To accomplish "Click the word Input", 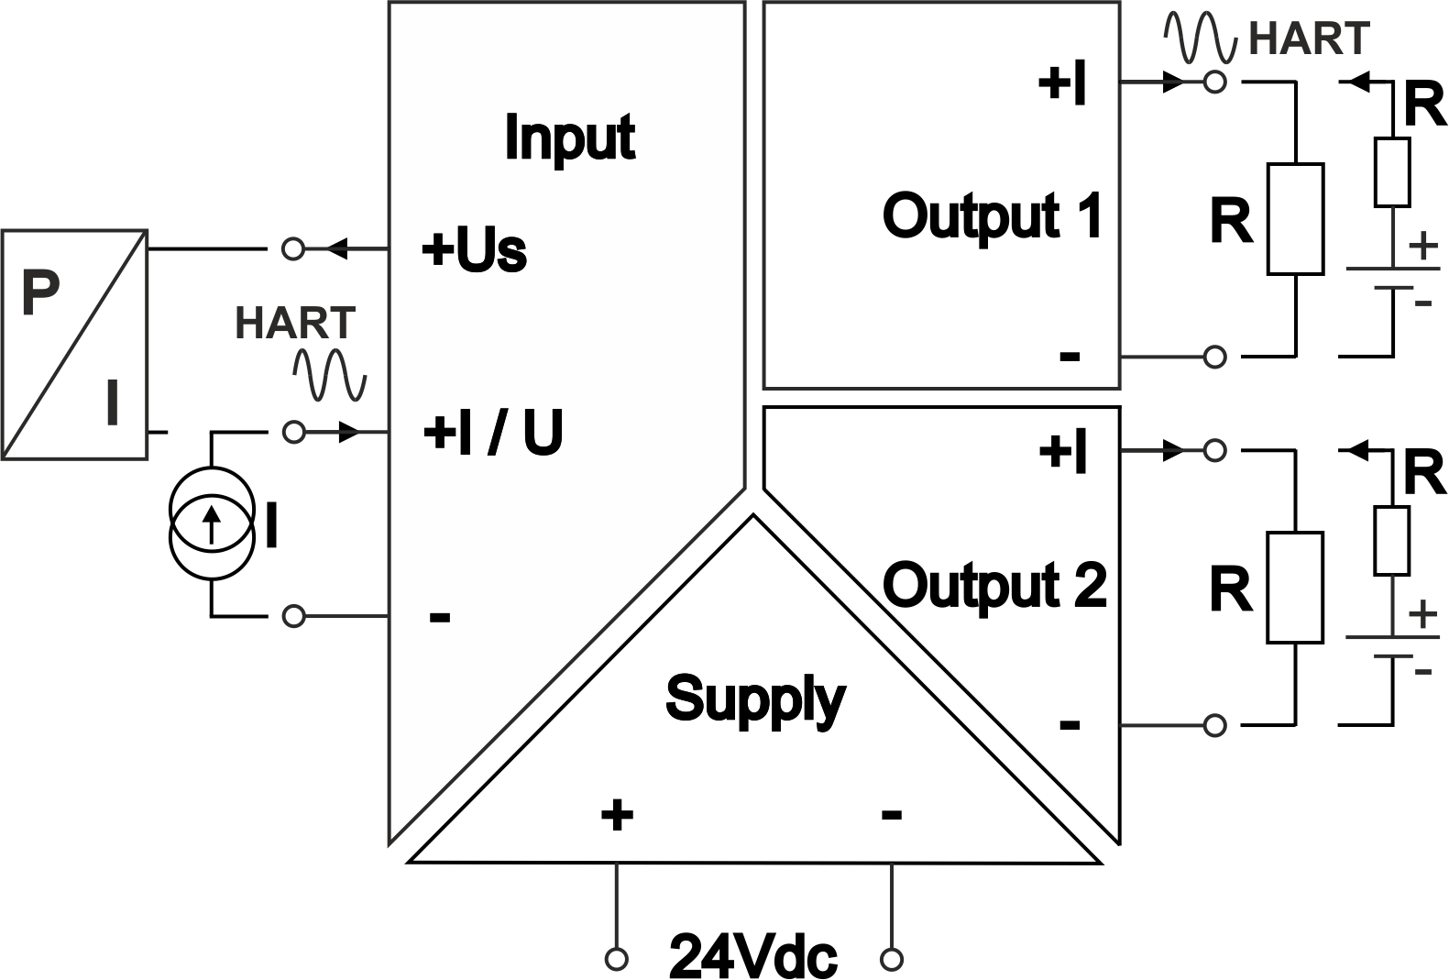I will click(x=569, y=138).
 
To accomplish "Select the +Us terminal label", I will click(x=474, y=250).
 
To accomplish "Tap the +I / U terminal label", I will click(x=492, y=433).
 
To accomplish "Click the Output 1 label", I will click(x=992, y=216).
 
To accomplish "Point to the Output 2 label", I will click(x=993, y=586).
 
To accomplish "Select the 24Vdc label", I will click(x=753, y=957).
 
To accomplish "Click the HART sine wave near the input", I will click(x=329, y=375).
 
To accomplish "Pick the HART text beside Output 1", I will click(x=1309, y=39).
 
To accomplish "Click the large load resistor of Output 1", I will click(x=1295, y=219).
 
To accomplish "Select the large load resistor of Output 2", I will click(x=1295, y=588).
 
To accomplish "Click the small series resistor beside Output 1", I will click(x=1391, y=171).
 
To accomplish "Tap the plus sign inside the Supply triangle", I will click(x=617, y=813).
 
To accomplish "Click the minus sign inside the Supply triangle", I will click(x=891, y=813).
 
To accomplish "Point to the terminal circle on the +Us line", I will click(x=293, y=248).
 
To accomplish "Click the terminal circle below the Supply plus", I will click(x=617, y=959).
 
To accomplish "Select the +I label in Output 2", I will click(x=1063, y=452).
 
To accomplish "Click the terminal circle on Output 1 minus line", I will click(x=1215, y=356).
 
